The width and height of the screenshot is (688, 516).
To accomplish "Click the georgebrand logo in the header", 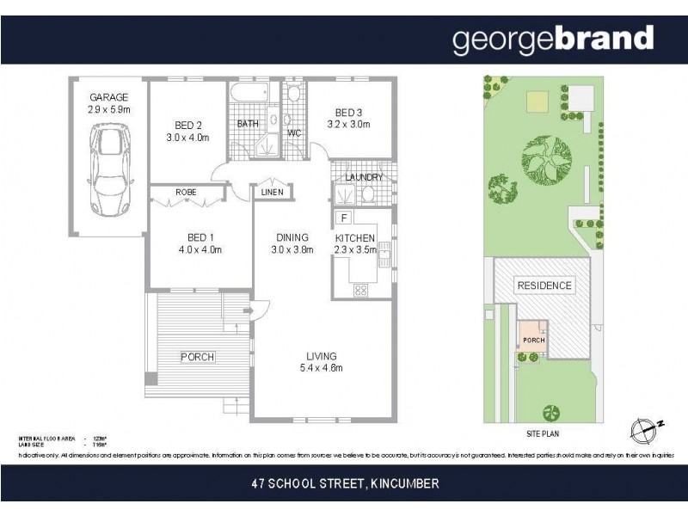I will [553, 39].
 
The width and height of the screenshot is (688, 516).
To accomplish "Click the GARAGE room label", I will [108, 98].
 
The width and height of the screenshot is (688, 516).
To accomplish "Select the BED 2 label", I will [187, 125].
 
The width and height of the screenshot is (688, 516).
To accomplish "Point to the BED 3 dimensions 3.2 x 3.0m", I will [348, 125].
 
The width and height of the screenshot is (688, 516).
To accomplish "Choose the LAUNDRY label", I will [364, 178].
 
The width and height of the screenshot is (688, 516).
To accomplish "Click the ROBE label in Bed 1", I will [187, 193].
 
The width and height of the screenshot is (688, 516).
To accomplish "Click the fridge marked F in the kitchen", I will [343, 218].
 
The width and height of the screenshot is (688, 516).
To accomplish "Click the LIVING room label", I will [322, 356].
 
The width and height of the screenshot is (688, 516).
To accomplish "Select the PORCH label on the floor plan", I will [197, 357].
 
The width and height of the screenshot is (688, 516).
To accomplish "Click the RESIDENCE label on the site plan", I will [543, 286].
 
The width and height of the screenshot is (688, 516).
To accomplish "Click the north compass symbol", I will [642, 427].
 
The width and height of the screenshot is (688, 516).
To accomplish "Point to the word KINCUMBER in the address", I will [404, 484].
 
